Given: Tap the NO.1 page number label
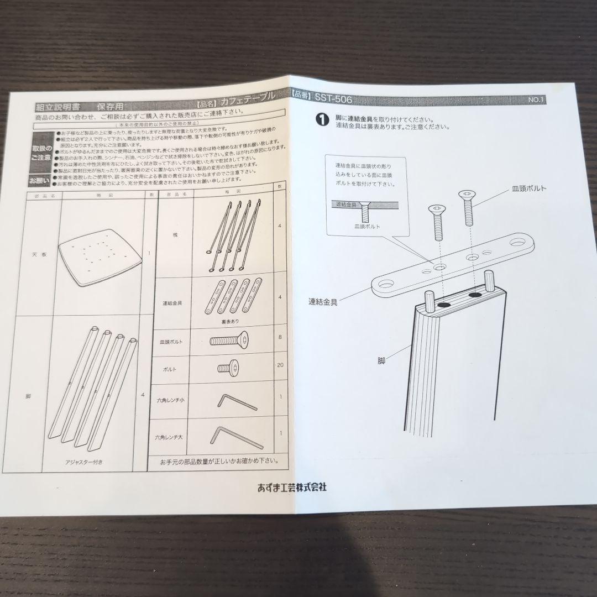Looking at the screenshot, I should click(x=536, y=100).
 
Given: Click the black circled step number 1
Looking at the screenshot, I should click(x=320, y=118).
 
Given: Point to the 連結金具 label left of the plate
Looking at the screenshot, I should click(x=323, y=302).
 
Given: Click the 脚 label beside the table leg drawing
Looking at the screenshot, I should click(x=381, y=359).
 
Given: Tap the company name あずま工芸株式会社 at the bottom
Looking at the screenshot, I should click(x=292, y=487).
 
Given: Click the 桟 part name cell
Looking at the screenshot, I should click(x=175, y=234).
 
